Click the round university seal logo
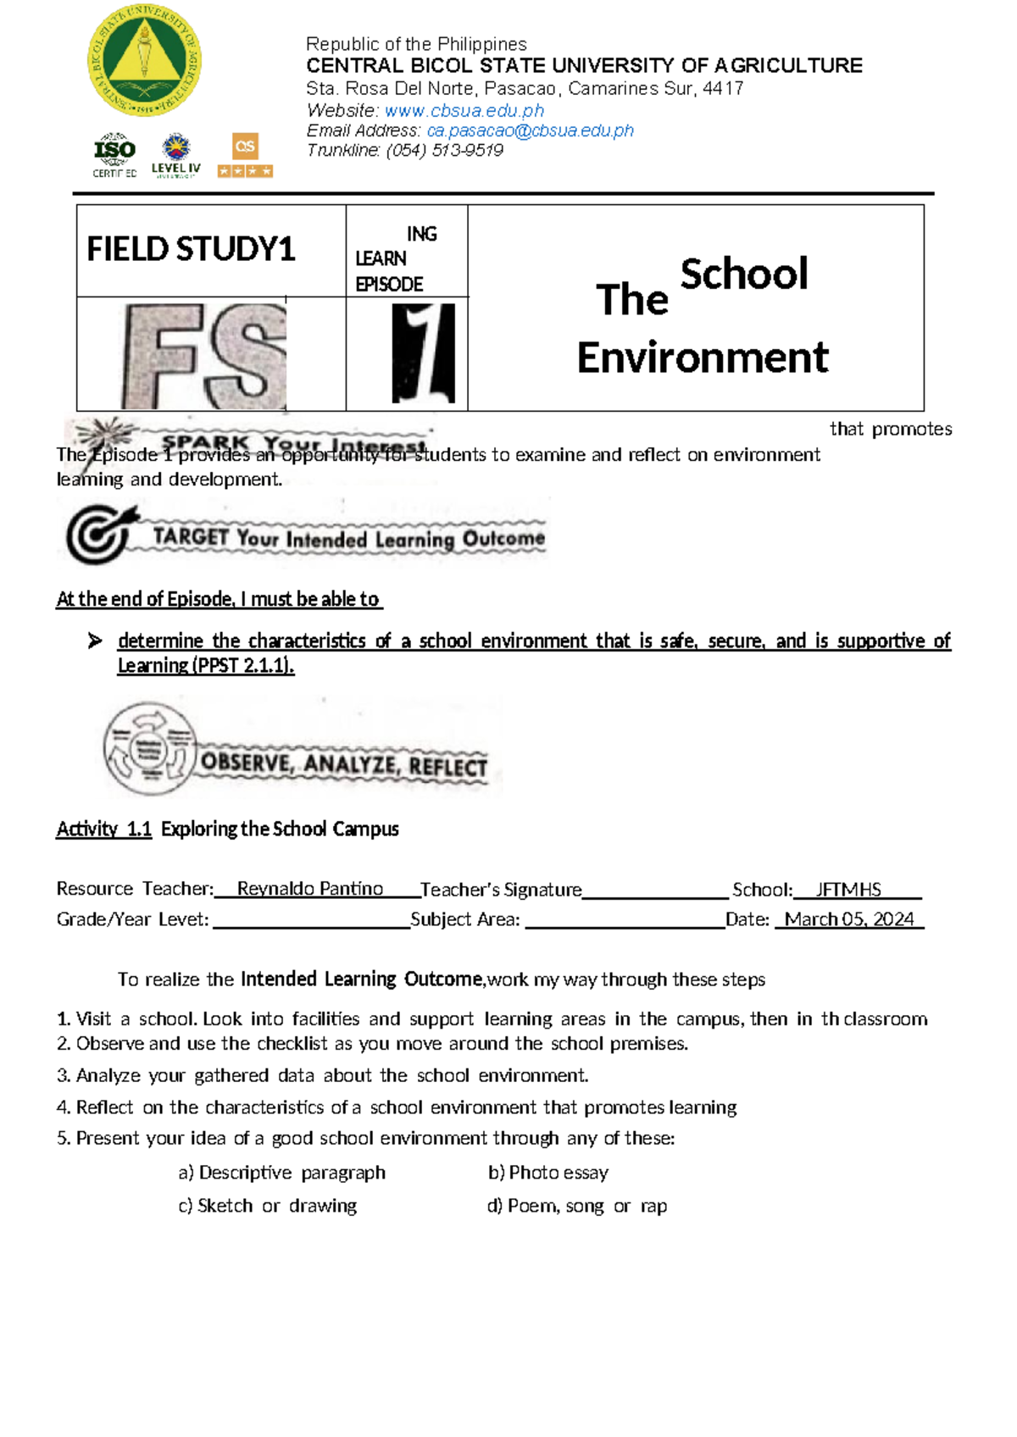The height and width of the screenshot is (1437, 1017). (x=144, y=62)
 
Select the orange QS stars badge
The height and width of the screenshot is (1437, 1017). (x=245, y=155)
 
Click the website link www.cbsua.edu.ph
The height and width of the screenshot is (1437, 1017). (x=464, y=111)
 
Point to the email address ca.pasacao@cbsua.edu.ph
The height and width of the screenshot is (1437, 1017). (x=530, y=131)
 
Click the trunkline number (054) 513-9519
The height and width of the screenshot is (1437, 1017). (x=444, y=151)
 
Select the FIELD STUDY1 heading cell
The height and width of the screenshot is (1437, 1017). (x=192, y=250)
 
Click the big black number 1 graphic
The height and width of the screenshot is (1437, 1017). (x=423, y=353)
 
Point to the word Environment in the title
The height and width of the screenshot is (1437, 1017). (x=702, y=358)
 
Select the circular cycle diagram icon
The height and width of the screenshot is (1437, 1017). (x=150, y=748)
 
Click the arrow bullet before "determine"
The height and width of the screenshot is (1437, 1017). (x=95, y=641)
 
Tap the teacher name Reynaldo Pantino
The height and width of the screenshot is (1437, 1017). (x=309, y=889)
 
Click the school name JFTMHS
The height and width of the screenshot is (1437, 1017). (x=847, y=890)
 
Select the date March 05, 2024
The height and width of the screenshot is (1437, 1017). (x=848, y=920)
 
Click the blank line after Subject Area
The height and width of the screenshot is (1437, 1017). (x=624, y=922)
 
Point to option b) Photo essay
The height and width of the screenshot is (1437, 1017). (x=548, y=1173)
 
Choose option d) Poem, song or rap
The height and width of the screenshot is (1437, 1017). (x=576, y=1206)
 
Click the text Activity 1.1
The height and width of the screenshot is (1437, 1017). (x=103, y=829)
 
